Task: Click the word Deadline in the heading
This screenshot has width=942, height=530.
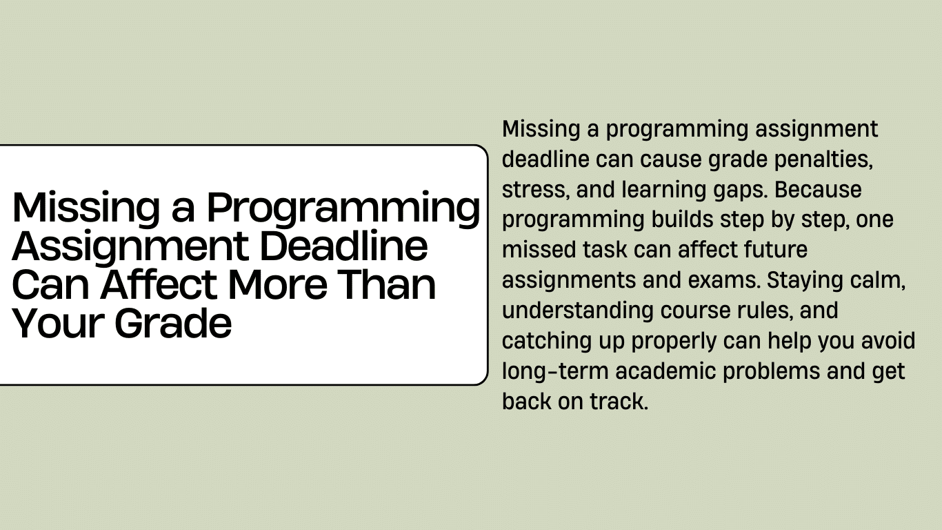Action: (344, 246)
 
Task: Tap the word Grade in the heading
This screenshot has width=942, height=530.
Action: (173, 323)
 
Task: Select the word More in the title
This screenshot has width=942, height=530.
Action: (277, 284)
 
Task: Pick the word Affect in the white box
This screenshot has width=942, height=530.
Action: (159, 284)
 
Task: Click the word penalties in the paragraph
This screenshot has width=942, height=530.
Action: (823, 159)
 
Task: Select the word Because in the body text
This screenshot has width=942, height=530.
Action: (818, 190)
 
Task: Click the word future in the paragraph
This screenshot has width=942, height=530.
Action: (776, 250)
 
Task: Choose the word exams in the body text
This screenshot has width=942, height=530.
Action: (724, 280)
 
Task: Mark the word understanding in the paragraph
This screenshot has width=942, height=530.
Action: (578, 311)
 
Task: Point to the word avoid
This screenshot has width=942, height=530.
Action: (888, 340)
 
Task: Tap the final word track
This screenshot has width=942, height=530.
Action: (619, 401)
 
